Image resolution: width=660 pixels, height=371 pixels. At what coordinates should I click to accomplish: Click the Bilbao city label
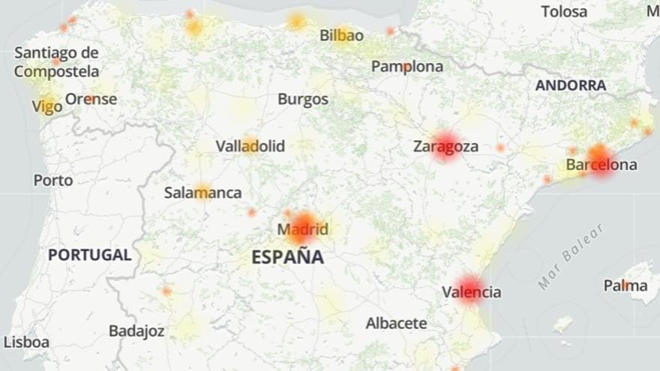341,35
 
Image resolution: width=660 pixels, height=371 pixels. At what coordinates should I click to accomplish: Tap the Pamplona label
406,67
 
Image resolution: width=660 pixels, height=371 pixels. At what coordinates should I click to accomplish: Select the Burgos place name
302,99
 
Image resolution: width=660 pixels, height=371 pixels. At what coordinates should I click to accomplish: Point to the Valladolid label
250,146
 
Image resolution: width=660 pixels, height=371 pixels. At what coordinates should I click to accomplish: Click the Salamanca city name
202,193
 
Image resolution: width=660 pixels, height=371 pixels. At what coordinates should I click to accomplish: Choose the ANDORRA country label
570,85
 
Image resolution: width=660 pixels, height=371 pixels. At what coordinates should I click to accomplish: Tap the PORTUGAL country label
89,255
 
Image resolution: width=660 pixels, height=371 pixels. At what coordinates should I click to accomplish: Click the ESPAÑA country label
287,257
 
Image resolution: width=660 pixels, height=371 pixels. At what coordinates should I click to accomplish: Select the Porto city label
53,181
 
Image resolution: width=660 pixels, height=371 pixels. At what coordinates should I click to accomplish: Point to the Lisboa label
26,343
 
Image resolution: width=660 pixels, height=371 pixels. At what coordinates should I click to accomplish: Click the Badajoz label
136,331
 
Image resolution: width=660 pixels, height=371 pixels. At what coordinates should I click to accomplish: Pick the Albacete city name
396,324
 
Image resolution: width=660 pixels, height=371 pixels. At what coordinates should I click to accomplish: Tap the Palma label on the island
625,286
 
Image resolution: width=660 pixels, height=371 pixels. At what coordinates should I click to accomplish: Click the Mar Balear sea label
571,257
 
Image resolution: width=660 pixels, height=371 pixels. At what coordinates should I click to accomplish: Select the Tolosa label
564,11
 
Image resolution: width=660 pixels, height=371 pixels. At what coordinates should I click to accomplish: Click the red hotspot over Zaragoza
446,145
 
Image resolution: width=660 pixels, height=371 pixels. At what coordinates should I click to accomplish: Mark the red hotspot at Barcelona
601,159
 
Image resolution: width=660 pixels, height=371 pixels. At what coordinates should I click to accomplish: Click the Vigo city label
46,107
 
